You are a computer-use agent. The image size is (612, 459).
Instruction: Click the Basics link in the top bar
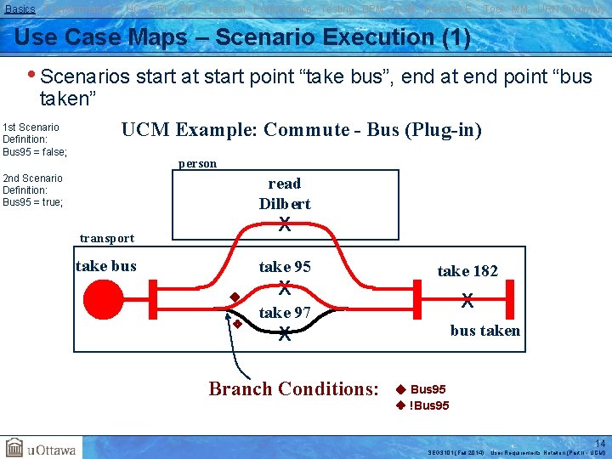(20, 8)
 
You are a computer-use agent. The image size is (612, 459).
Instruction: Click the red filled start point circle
(105, 298)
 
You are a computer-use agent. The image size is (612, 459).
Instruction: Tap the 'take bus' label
(106, 266)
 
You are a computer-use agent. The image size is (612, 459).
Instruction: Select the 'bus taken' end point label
(484, 331)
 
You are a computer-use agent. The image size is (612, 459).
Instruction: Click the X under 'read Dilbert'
(285, 225)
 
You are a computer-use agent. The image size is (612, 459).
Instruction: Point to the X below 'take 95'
(286, 287)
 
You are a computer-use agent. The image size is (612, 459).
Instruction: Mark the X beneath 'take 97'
(286, 334)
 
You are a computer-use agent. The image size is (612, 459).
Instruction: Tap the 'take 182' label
(467, 271)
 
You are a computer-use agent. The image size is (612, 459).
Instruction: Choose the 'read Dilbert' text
(285, 194)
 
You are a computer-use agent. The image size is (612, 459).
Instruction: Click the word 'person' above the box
(197, 163)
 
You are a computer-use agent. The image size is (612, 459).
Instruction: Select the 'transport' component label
(106, 238)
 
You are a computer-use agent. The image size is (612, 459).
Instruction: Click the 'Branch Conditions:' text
(293, 389)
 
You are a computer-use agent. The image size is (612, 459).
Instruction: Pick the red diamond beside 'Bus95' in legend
(400, 389)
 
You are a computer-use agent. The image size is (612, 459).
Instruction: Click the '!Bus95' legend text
(429, 405)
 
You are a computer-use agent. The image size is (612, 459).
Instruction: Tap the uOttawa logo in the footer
(41, 448)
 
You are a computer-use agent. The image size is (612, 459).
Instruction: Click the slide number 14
(600, 443)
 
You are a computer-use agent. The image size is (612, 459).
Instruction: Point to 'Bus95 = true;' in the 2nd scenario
(33, 202)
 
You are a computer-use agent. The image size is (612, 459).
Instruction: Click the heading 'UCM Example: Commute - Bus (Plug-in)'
(302, 130)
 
